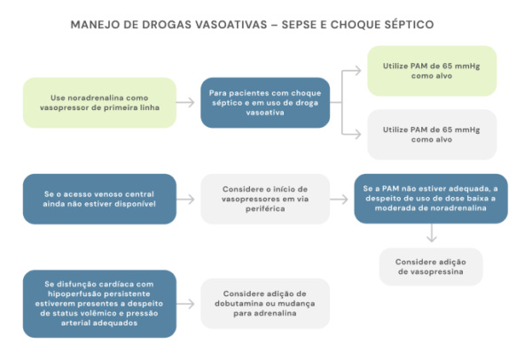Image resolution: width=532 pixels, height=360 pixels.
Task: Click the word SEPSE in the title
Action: pyautogui.click(x=299, y=25)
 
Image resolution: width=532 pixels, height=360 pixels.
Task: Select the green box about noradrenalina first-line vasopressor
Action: pyautogui.click(x=99, y=103)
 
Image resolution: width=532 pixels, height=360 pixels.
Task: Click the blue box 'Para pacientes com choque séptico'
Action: pyautogui.click(x=265, y=103)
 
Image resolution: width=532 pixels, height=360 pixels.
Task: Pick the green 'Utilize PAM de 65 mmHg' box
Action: pyautogui.click(x=432, y=71)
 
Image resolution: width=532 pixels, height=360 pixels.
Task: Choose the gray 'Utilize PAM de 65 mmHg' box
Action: pyautogui.click(x=432, y=135)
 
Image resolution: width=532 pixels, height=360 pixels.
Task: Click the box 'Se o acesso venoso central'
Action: pyautogui.click(x=99, y=199)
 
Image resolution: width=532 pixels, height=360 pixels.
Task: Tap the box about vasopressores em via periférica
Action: pyautogui.click(x=265, y=199)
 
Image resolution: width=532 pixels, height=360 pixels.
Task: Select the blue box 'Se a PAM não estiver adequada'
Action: pyautogui.click(x=431, y=199)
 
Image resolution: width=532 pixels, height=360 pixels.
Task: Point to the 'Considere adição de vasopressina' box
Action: pyautogui.click(x=431, y=267)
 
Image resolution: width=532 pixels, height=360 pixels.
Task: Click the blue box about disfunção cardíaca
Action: pyautogui.click(x=99, y=303)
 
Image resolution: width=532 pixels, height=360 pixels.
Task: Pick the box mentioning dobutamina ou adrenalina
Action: pyautogui.click(x=265, y=303)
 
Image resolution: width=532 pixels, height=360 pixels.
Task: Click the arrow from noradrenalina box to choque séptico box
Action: pyautogui.click(x=185, y=103)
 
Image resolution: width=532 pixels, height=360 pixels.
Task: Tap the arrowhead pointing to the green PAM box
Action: pyautogui.click(x=357, y=71)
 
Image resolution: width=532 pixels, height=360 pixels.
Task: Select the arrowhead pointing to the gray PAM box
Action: pyautogui.click(x=357, y=135)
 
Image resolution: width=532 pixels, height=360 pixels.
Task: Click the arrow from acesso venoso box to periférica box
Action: pyautogui.click(x=185, y=199)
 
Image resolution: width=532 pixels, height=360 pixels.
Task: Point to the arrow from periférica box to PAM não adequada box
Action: pyautogui.click(x=339, y=199)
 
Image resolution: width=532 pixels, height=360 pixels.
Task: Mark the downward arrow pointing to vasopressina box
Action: pyautogui.click(x=431, y=233)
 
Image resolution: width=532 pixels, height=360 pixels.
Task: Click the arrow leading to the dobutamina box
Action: pyautogui.click(x=185, y=303)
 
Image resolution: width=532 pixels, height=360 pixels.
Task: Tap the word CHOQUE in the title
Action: pyautogui.click(x=355, y=25)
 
